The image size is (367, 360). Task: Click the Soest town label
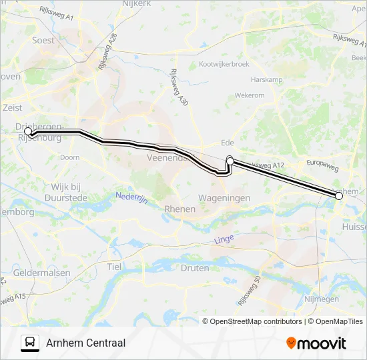pos(43,40)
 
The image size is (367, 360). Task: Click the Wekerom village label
pos(249,95)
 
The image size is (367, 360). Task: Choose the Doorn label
pos(69,157)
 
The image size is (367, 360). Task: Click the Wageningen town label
pos(224,198)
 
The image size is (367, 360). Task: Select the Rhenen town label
pos(179,209)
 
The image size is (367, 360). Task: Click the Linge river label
pos(225,239)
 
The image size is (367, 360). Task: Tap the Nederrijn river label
pos(129,198)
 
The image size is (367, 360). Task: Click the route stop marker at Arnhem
pos(339,195)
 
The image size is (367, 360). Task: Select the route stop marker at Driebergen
pos(28,132)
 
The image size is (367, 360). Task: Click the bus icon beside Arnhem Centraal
pos(29,343)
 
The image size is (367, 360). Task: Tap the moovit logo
pos(316,343)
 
